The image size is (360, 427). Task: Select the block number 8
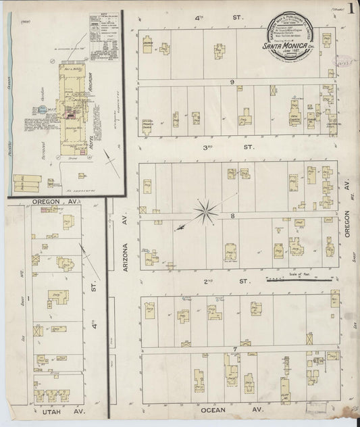[231, 216]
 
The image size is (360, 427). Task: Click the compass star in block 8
[204, 212]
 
